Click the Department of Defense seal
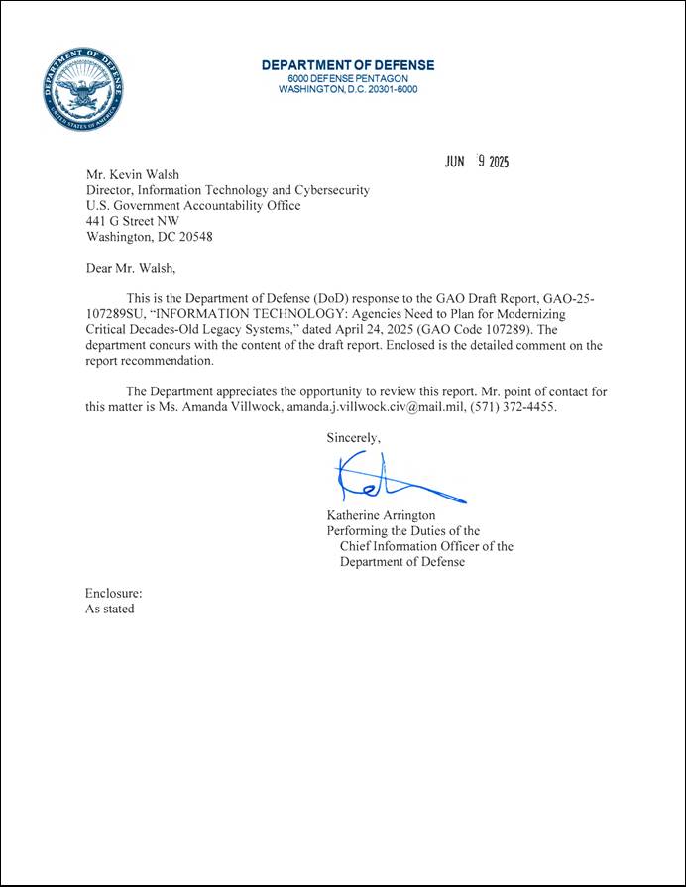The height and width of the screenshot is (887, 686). pyautogui.click(x=83, y=90)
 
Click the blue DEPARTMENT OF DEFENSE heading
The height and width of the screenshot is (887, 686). pyautogui.click(x=347, y=65)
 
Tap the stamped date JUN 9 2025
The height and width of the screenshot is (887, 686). pyautogui.click(x=476, y=164)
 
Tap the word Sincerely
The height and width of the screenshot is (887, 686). pyautogui.click(x=354, y=436)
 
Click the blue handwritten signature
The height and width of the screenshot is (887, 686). pyautogui.click(x=392, y=481)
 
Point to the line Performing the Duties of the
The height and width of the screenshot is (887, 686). pyautogui.click(x=402, y=531)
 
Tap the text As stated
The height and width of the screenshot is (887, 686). pyautogui.click(x=110, y=609)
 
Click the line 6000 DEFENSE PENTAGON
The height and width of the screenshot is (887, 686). pyautogui.click(x=347, y=78)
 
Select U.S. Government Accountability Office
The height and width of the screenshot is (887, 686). pyautogui.click(x=193, y=206)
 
